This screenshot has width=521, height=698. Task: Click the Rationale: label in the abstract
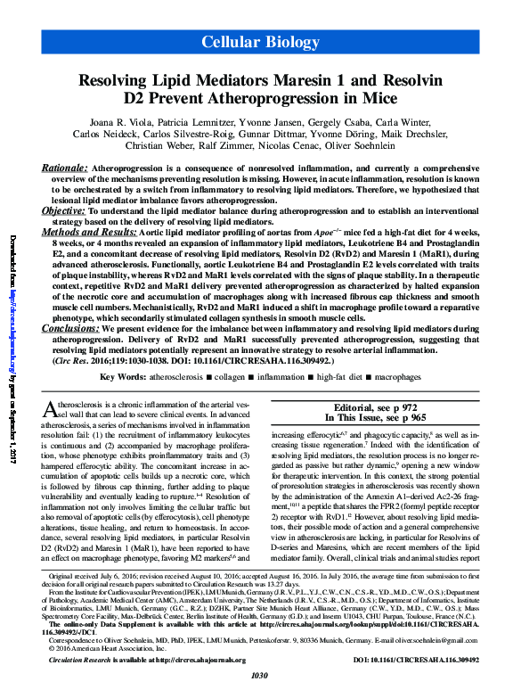click(64, 168)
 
